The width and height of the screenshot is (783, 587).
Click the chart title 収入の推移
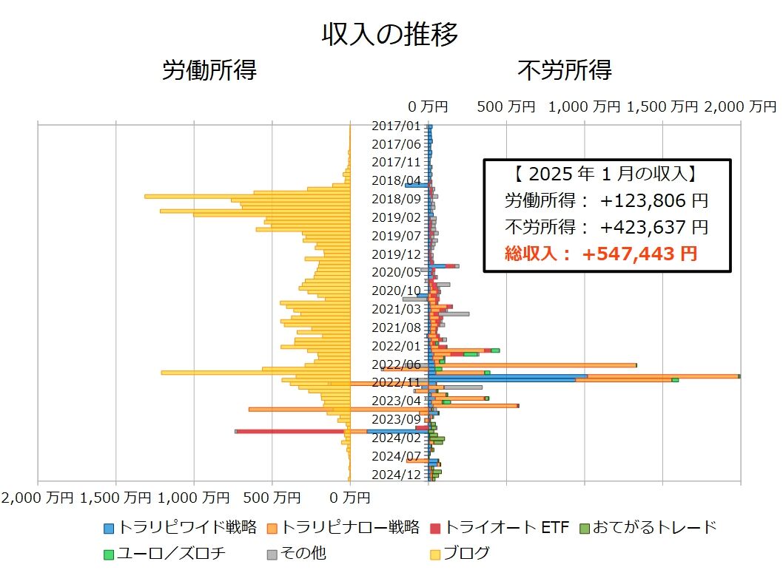click(390, 34)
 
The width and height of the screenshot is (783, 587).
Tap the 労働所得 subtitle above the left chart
click(209, 71)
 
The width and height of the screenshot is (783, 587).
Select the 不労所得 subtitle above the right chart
click(565, 71)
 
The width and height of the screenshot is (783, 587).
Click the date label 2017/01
click(396, 126)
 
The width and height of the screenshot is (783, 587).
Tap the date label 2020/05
click(396, 272)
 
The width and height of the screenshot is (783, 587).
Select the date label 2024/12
click(396, 474)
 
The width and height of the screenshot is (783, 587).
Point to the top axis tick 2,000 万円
click(740, 106)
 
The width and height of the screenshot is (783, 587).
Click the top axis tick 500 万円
click(506, 106)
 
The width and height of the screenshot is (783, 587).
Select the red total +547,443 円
click(639, 254)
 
